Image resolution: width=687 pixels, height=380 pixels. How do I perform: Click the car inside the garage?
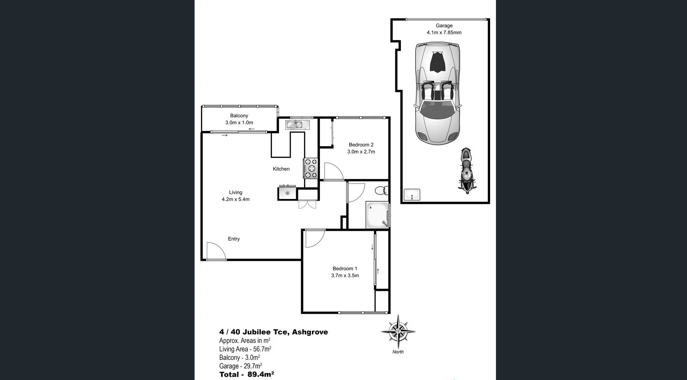(x=437, y=94)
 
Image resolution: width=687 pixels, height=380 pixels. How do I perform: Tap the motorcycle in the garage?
(x=467, y=171)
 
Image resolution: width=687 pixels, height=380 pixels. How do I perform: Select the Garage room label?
(x=444, y=26)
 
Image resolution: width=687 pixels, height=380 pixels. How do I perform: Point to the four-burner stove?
(x=311, y=168)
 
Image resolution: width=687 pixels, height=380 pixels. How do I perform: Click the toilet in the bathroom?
(x=382, y=190)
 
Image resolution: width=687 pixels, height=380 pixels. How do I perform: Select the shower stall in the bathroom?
(x=377, y=215)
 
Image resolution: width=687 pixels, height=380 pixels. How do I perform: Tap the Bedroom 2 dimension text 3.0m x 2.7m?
(x=361, y=152)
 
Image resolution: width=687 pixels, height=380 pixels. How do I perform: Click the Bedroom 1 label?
(x=345, y=269)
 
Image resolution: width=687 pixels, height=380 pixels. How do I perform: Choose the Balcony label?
(x=239, y=116)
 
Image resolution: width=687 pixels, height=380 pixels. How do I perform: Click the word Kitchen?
(x=281, y=169)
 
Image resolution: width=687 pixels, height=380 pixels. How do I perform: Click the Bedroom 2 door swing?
(x=333, y=172)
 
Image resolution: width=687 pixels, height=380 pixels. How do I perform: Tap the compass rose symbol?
(x=398, y=331)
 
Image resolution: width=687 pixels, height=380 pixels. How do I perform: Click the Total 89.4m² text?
(x=247, y=374)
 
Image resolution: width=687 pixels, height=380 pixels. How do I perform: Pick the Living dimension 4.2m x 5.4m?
(x=235, y=199)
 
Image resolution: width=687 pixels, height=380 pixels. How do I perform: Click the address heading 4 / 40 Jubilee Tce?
(x=273, y=332)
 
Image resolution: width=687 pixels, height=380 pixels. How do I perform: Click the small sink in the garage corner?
(x=412, y=195)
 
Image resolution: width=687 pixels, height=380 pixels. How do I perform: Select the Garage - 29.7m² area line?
(x=240, y=366)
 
